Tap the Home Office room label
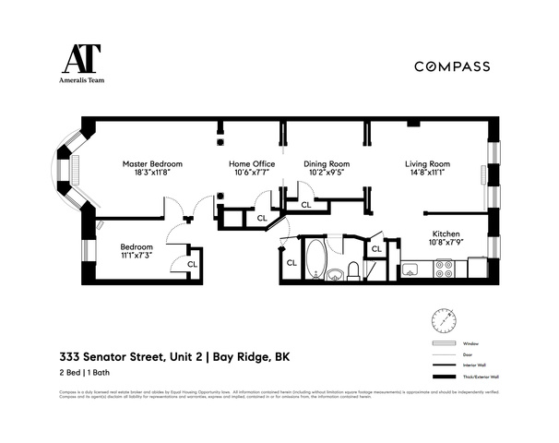(251, 163)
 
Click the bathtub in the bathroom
(315, 258)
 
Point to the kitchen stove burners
(444, 269)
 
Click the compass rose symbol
(443, 319)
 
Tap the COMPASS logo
(451, 66)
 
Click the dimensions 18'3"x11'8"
(148, 172)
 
